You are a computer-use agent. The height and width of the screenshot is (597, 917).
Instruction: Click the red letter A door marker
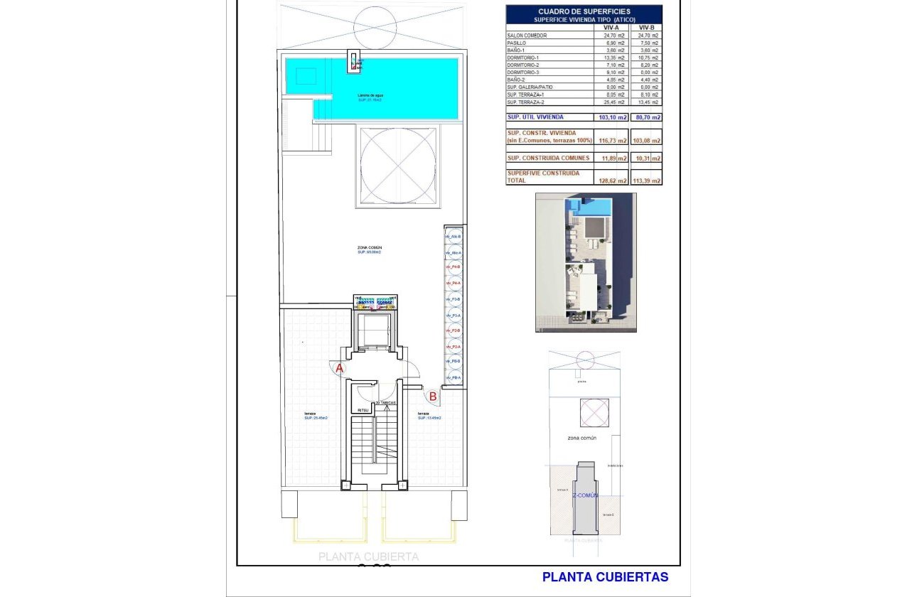pyautogui.click(x=340, y=368)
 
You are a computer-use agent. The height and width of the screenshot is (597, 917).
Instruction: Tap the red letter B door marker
pyautogui.click(x=431, y=397)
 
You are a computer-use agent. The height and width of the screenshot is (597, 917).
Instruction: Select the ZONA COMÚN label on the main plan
pyautogui.click(x=369, y=247)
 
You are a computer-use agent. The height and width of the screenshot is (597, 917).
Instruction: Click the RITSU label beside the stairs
pyautogui.click(x=363, y=411)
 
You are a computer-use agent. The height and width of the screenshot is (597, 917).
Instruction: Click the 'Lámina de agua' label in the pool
pyautogui.click(x=370, y=95)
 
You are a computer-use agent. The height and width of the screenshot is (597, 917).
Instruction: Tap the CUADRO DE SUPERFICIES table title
pyautogui.click(x=584, y=11)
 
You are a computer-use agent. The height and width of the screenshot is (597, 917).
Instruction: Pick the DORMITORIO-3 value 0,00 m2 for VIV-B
pyautogui.click(x=646, y=72)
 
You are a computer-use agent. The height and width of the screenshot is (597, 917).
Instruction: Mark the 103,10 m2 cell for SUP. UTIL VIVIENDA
pyautogui.click(x=612, y=117)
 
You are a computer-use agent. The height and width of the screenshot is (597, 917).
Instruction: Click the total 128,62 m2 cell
pyautogui.click(x=612, y=181)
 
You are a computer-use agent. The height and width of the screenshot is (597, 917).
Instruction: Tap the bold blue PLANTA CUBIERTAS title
pyautogui.click(x=605, y=577)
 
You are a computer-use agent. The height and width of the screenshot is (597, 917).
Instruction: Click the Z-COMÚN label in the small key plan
pyautogui.click(x=586, y=495)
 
